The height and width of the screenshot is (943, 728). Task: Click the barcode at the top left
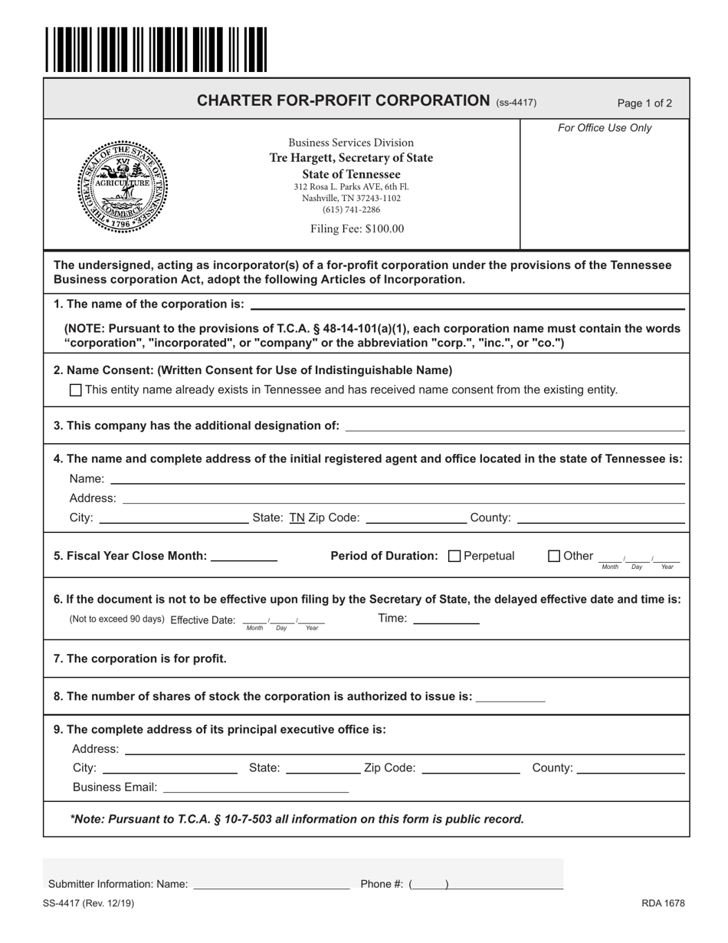click(156, 49)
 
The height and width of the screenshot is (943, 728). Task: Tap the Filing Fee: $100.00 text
click(357, 228)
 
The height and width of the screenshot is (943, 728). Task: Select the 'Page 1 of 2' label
click(644, 103)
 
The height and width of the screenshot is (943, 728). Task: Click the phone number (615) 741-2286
click(351, 209)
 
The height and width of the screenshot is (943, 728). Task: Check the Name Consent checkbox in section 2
click(75, 389)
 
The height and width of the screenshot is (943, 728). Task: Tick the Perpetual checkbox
click(454, 556)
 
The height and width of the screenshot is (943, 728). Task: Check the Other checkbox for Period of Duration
click(555, 556)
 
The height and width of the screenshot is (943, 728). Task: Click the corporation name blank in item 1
click(467, 304)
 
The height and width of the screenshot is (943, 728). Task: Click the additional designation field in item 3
click(515, 425)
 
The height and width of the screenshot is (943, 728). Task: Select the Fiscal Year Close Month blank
click(243, 555)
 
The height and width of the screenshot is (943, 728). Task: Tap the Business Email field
click(256, 787)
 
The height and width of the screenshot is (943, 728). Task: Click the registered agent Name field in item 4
click(397, 478)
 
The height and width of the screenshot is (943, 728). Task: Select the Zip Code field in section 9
click(471, 767)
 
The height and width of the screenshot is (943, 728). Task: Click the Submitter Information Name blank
click(271, 883)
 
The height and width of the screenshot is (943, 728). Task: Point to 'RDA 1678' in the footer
click(663, 903)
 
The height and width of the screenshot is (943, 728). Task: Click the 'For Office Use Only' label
click(605, 128)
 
